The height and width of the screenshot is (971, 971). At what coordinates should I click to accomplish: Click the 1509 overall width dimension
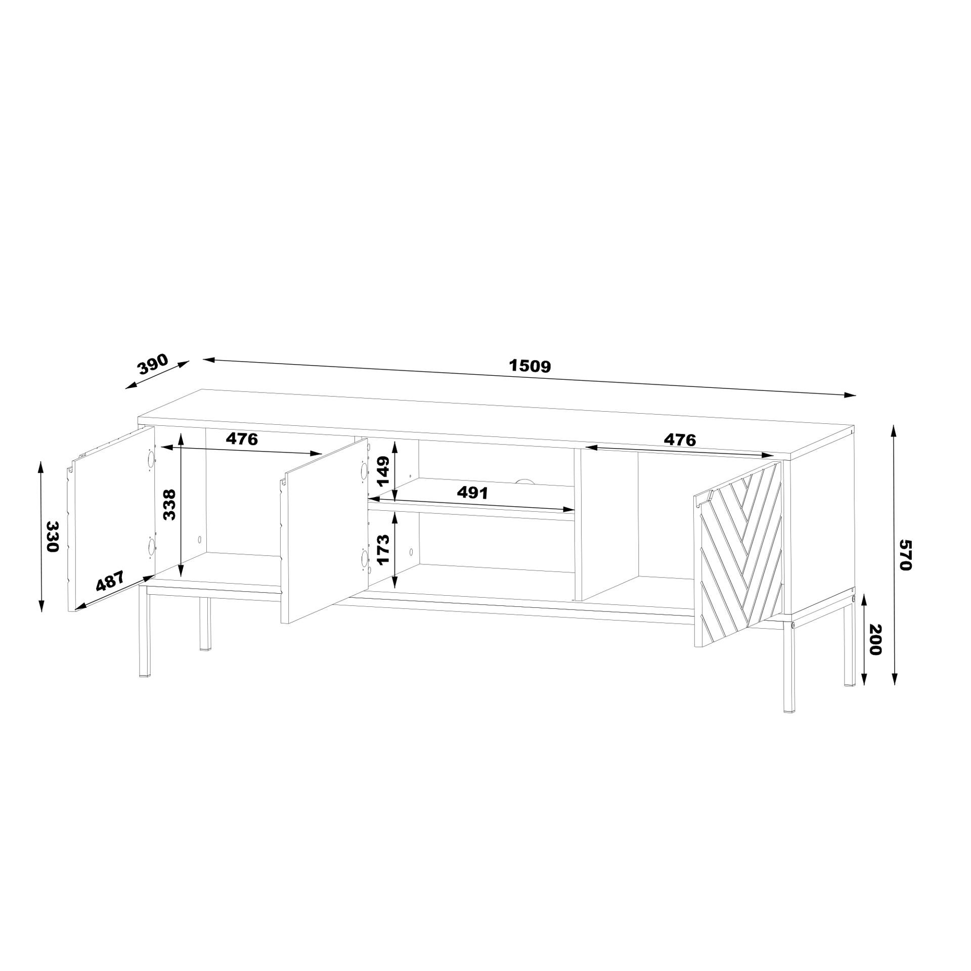coord(529,366)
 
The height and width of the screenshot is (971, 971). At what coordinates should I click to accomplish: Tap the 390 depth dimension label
coord(153,364)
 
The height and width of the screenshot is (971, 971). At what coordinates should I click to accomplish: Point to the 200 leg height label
coord(875,640)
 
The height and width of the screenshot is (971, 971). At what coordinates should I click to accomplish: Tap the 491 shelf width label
coord(472,493)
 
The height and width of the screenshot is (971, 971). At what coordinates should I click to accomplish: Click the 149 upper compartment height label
coord(383,471)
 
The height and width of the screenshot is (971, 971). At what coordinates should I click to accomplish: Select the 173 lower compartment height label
coord(383,550)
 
